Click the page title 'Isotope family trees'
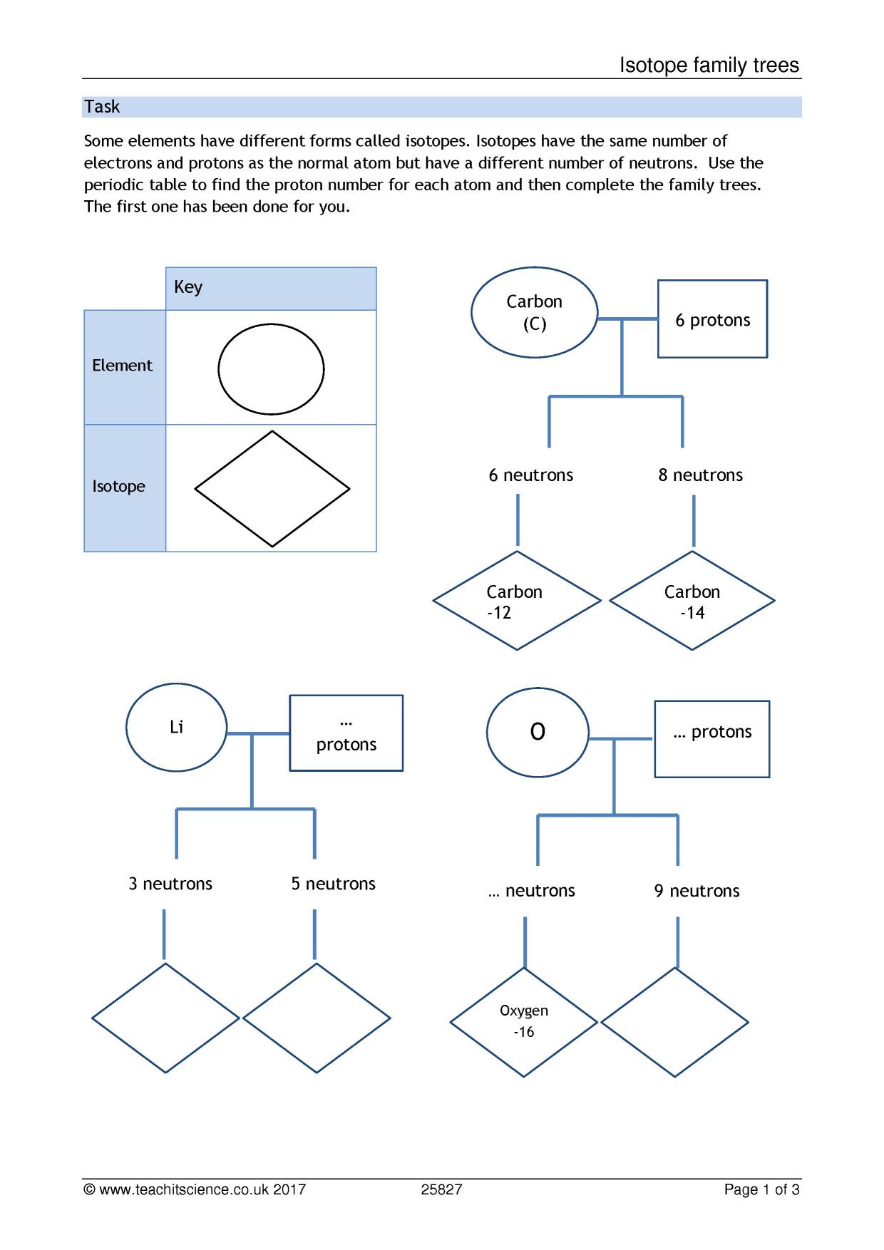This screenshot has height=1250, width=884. [x=709, y=66]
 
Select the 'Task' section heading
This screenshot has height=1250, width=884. [x=102, y=107]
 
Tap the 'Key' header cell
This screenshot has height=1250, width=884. [x=271, y=289]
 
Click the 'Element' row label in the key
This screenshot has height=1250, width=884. [x=122, y=366]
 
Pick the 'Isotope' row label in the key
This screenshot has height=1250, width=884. [x=118, y=486]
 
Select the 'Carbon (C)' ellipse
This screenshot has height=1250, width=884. [x=534, y=312]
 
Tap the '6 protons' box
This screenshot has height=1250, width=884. [x=712, y=319]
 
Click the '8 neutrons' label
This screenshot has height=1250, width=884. [x=700, y=475]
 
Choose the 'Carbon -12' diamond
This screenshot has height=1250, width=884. [x=517, y=601]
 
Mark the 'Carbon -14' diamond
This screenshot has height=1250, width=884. [x=692, y=601]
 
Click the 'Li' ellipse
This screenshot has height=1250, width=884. [x=177, y=728]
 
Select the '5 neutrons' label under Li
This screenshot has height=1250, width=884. [x=333, y=884]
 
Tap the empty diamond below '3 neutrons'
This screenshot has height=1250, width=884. [x=165, y=1018]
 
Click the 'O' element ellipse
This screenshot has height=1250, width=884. [x=538, y=733]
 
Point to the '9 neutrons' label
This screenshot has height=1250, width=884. [x=697, y=891]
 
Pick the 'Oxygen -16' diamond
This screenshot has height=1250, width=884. [x=524, y=1023]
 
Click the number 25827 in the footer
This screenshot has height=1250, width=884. [x=441, y=1189]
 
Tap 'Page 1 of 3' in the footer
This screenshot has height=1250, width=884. [x=761, y=1189]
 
